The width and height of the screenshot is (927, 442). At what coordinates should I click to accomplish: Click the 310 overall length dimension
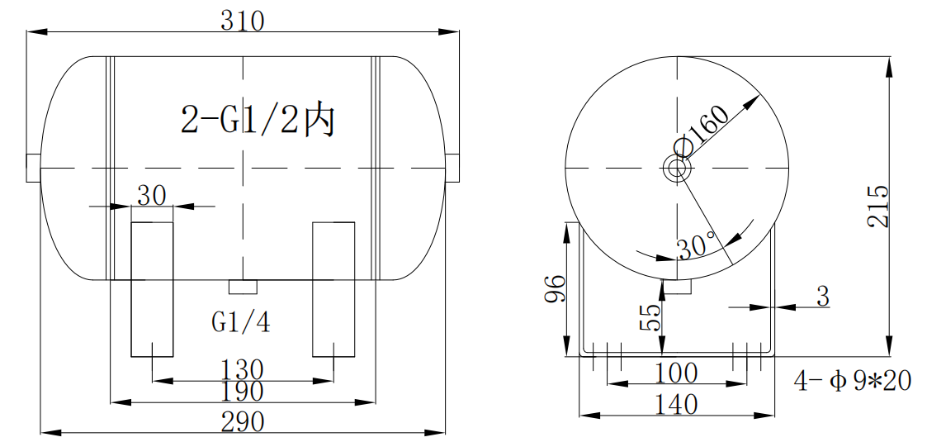[242, 20]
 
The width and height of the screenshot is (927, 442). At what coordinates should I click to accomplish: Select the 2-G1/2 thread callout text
[258, 121]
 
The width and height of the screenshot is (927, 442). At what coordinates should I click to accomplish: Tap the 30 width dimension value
[152, 195]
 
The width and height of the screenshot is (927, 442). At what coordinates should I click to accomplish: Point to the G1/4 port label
[241, 321]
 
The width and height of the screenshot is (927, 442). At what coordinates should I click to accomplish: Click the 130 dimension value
[242, 368]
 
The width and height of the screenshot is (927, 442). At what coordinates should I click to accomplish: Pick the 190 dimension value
[242, 391]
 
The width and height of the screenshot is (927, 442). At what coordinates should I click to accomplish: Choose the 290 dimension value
[242, 421]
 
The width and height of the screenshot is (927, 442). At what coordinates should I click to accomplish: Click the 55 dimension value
[650, 316]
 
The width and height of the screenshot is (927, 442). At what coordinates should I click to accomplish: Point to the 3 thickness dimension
[822, 297]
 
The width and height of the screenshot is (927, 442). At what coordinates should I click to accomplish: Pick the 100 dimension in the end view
[676, 373]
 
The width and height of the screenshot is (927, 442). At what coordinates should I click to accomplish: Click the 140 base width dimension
[676, 404]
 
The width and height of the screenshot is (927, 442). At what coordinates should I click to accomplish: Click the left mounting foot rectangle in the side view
[152, 289]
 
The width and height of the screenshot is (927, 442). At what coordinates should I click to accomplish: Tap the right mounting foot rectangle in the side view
[333, 289]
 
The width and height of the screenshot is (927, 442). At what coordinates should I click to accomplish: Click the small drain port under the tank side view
[243, 287]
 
